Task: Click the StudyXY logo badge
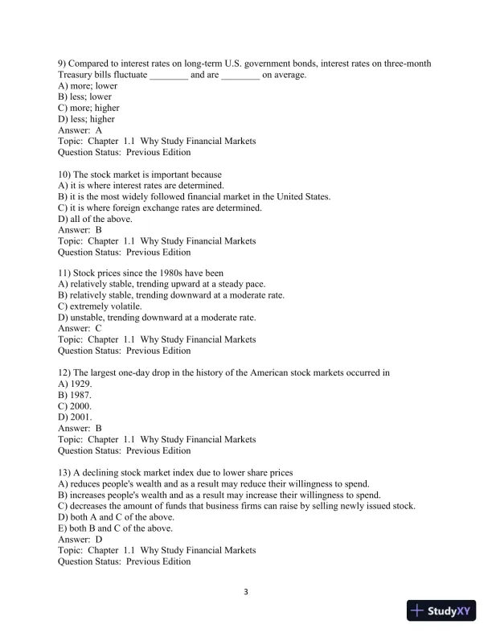coord(443,610)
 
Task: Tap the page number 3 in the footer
coord(246,593)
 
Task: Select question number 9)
coord(64,64)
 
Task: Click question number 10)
coord(67,175)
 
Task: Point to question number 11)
coord(67,273)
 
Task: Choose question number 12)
coord(67,373)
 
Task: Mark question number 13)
coord(67,472)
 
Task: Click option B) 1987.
coord(76,396)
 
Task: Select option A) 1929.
coord(76,384)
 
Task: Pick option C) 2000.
coord(76,406)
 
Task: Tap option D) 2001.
coord(76,417)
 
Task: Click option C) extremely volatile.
coord(100,306)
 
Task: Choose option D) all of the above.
coord(96,219)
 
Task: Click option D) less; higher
coord(87,119)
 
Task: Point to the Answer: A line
coord(80,130)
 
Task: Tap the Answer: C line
coord(80,329)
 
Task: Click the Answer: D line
coord(80,539)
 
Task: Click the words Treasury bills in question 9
coord(85,75)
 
